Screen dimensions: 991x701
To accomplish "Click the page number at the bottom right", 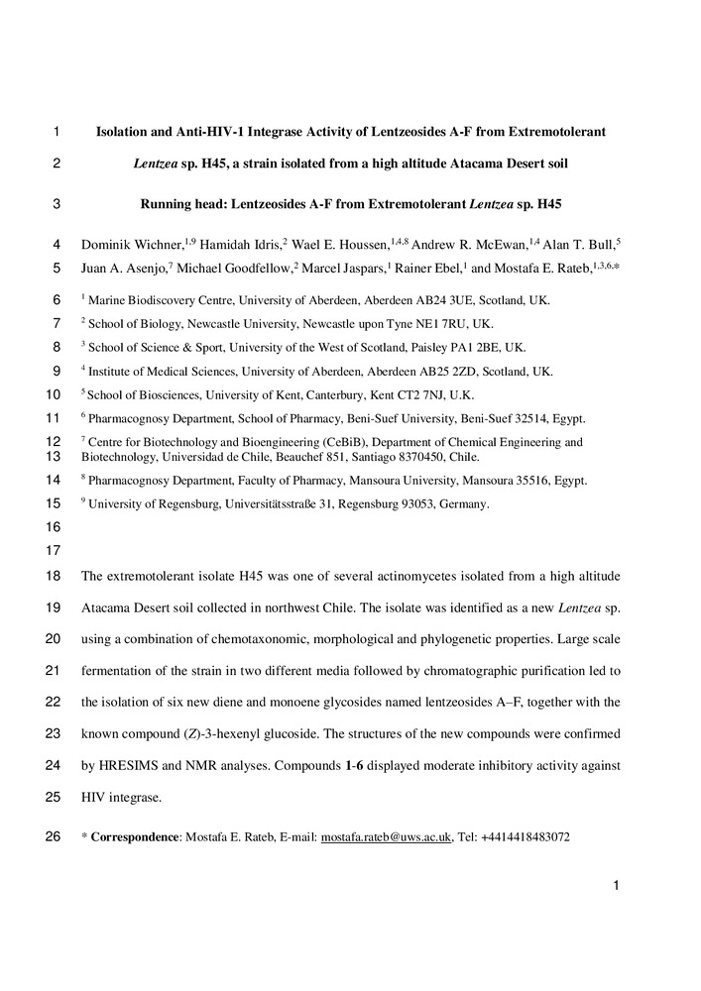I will point(616,887).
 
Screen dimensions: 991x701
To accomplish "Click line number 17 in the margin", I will point(54,550).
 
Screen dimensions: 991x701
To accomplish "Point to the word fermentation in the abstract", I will point(120,671).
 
